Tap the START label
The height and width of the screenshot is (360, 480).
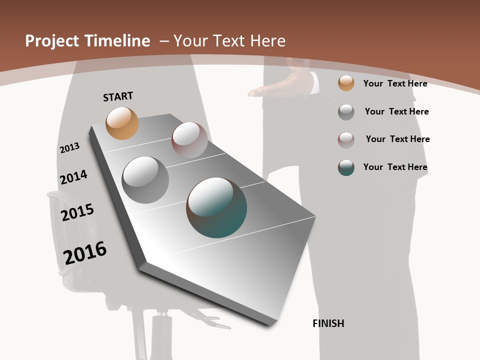(x=118, y=96)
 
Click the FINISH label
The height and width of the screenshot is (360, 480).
(x=328, y=323)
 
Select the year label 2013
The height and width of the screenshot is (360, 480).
(x=69, y=148)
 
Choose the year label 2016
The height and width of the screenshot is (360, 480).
(x=85, y=253)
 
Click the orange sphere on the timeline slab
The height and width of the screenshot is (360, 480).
(x=122, y=123)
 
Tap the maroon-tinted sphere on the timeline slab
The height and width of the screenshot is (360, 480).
(x=189, y=139)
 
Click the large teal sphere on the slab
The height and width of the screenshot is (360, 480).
(x=216, y=207)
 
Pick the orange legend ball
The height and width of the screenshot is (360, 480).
(x=346, y=83)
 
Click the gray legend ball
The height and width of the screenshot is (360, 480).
(x=346, y=112)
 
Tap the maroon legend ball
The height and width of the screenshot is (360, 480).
(x=346, y=140)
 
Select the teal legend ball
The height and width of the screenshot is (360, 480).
(x=346, y=167)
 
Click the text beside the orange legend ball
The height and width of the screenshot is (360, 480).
(x=395, y=83)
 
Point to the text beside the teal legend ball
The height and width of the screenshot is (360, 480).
(x=395, y=167)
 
